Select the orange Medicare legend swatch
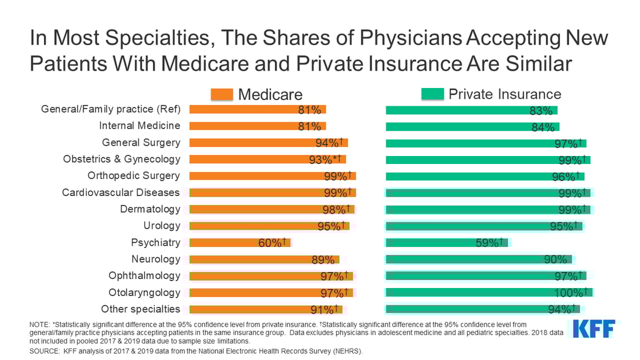click(222, 94)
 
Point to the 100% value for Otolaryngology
click(568, 293)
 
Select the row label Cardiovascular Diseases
click(121, 192)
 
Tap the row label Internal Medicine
click(139, 126)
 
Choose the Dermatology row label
click(150, 209)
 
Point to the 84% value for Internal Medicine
click(543, 126)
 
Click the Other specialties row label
click(140, 309)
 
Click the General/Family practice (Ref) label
click(110, 109)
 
